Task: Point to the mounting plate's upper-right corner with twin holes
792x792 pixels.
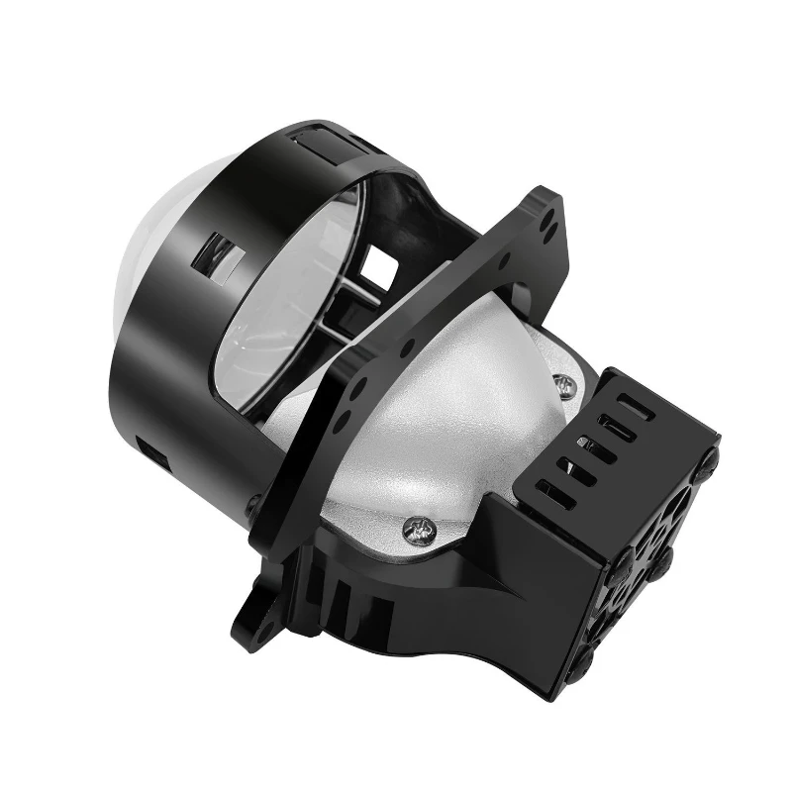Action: (545, 212)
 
